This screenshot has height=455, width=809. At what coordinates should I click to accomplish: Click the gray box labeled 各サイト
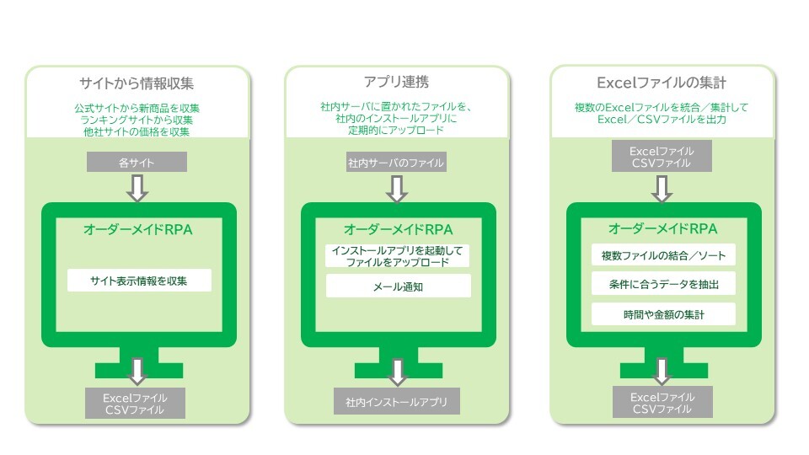click(x=137, y=162)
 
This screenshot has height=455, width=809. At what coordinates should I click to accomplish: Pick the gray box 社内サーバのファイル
click(x=396, y=162)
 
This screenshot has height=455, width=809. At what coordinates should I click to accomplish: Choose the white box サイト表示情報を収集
click(x=139, y=280)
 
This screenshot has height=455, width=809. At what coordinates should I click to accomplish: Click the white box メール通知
click(x=398, y=286)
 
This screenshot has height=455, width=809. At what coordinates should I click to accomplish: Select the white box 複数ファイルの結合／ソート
click(x=663, y=254)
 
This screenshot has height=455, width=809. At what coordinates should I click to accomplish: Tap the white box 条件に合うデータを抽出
click(x=663, y=284)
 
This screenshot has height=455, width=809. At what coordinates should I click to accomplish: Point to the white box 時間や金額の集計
click(x=663, y=314)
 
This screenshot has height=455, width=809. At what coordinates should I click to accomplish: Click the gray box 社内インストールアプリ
click(x=396, y=401)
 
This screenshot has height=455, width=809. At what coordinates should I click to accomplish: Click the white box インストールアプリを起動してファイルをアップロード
click(x=398, y=256)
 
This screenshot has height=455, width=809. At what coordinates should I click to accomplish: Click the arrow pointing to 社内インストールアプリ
click(x=398, y=371)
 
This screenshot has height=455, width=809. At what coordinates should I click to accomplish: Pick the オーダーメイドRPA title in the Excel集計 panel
click(x=662, y=228)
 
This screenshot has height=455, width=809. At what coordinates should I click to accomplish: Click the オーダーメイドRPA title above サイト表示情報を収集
click(x=137, y=228)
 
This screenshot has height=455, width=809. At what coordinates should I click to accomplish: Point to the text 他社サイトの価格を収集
click(x=137, y=131)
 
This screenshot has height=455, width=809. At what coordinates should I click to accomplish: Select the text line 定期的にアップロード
click(x=397, y=131)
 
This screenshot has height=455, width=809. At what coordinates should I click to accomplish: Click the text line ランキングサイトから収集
click(x=137, y=120)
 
